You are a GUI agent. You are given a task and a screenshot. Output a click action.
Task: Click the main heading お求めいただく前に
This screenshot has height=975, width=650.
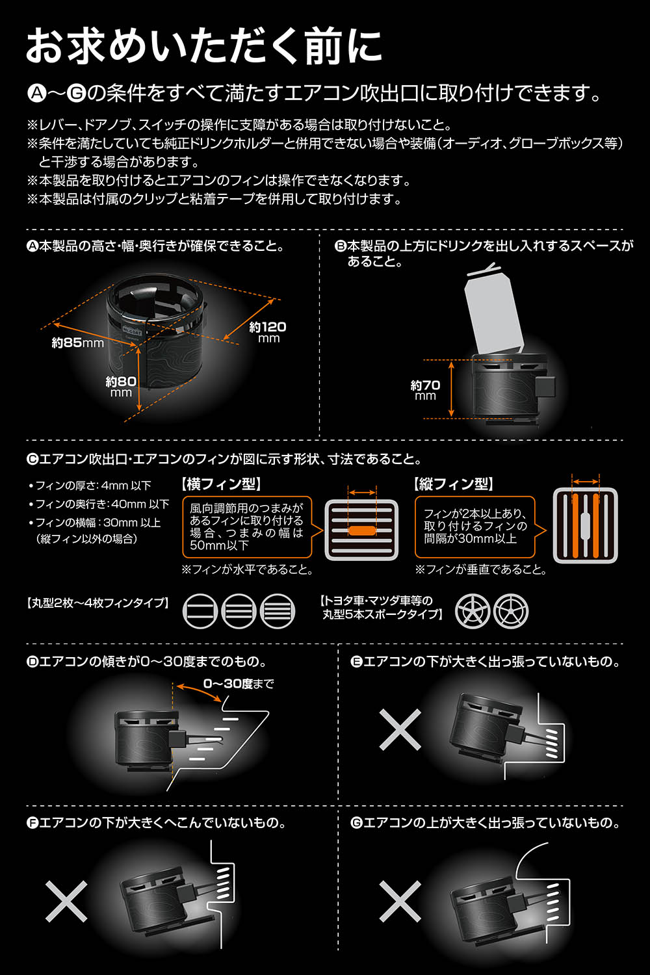coord(204,45)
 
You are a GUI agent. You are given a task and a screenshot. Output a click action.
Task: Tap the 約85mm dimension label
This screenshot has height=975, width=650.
coord(78,343)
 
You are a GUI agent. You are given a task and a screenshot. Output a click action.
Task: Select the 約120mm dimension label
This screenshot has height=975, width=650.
coord(268,332)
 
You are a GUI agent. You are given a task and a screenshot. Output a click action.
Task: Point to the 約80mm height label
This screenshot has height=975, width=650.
coord(121,387)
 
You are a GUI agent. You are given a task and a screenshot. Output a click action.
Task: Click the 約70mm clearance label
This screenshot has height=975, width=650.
coord(425,390)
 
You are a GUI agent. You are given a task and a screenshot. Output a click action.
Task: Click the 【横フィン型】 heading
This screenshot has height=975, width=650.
coord(222,484)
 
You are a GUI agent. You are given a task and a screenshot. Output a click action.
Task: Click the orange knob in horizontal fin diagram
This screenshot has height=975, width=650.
coord(362,530)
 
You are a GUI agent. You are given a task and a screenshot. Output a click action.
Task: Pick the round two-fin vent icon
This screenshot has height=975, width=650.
coord(200,611)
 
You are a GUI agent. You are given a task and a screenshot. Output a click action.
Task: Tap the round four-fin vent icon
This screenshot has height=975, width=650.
coord(278,611)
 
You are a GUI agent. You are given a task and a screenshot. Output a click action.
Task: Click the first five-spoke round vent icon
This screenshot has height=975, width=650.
coord(473,611)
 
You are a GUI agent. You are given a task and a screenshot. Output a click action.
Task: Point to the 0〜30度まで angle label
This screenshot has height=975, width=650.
coord(239,684)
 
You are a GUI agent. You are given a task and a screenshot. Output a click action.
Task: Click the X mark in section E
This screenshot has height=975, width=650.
coord(400,729)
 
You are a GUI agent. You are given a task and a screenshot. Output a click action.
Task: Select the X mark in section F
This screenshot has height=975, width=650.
coord(66,901)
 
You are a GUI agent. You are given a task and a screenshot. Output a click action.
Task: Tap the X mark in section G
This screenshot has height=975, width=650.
coord(400,901)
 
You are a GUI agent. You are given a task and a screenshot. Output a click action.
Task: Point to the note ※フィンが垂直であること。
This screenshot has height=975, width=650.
coord(480,569)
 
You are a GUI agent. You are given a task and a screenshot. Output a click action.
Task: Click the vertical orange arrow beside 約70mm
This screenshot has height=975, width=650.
coord(452,389)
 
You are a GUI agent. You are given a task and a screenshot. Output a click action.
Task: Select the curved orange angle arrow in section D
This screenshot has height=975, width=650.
coord(198,690)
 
